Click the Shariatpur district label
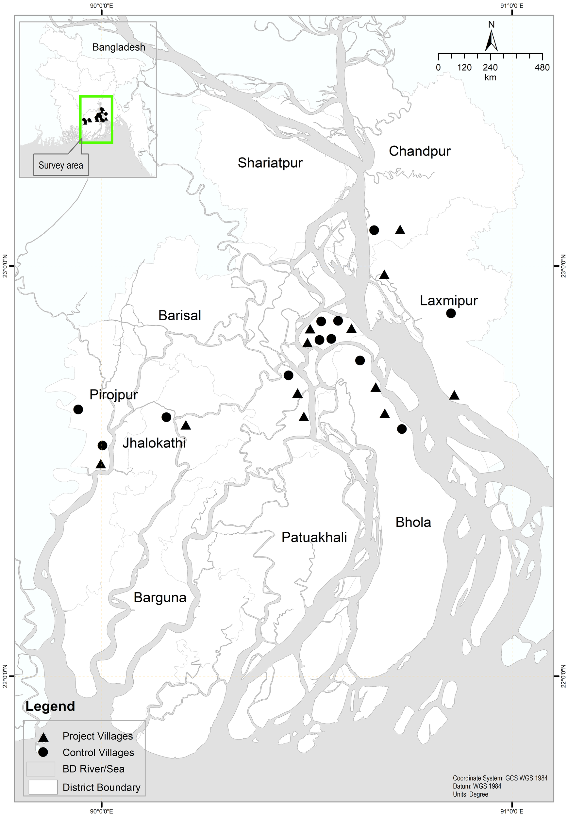click(270, 163)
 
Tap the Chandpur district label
click(420, 151)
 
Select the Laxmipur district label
click(448, 301)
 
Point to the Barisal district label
click(180, 316)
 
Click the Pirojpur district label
click(113, 395)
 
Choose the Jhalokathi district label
click(154, 443)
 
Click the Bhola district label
click(413, 522)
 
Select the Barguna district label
click(160, 598)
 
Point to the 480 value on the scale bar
click(542, 68)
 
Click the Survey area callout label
click(61, 165)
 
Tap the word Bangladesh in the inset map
click(119, 47)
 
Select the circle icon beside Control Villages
click(43, 752)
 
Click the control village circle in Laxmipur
click(451, 313)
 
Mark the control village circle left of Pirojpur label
click(78, 409)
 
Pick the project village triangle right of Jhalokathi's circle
click(186, 425)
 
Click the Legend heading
click(50, 706)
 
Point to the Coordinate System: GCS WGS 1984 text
click(500, 778)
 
